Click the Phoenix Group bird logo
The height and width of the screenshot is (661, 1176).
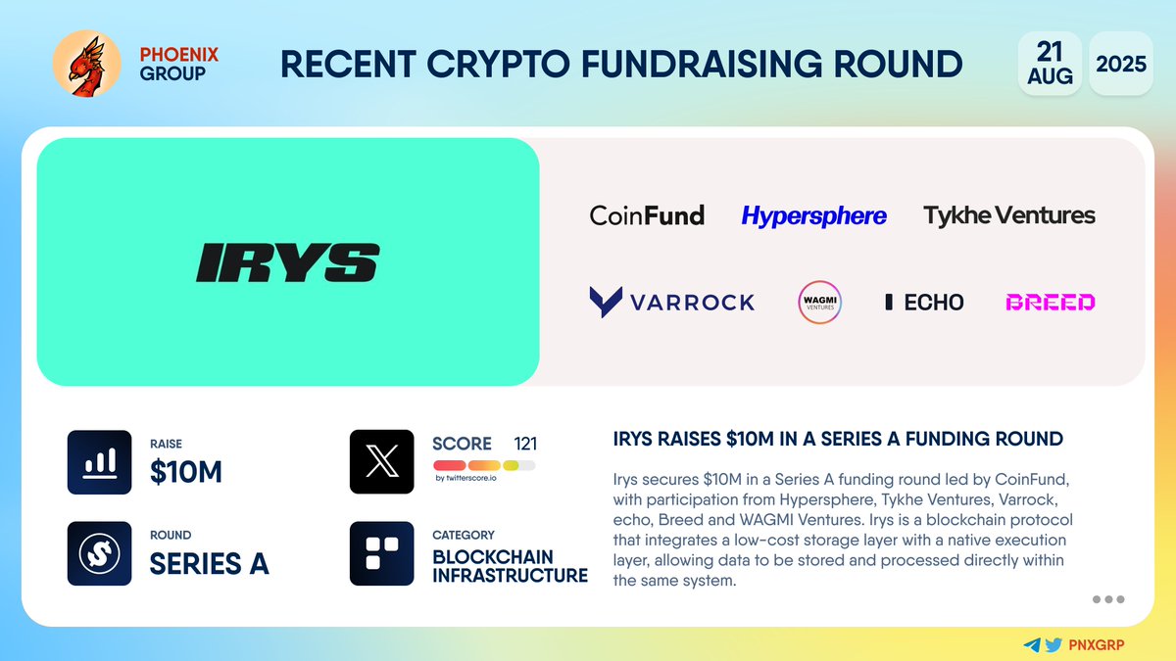click(86, 64)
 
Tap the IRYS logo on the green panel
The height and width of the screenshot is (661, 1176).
click(287, 263)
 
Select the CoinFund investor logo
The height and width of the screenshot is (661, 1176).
click(647, 215)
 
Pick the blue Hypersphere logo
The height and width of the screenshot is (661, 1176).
click(813, 215)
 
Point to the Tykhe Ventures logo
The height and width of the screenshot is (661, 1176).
click(1009, 215)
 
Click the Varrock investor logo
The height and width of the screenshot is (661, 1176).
click(672, 302)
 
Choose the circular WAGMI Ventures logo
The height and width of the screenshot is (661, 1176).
click(820, 302)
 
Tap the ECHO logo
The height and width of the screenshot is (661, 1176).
click(924, 302)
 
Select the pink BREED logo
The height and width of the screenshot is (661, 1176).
click(1050, 302)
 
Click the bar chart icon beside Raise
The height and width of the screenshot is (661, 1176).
click(99, 461)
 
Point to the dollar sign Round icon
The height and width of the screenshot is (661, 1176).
click(99, 553)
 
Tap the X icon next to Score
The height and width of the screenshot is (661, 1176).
click(381, 461)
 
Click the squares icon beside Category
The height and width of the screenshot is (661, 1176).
click(381, 553)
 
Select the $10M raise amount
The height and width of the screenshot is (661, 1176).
click(186, 472)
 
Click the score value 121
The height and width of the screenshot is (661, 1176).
click(525, 444)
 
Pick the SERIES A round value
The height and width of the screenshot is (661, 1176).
click(209, 564)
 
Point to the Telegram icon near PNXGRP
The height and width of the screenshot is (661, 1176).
click(1032, 645)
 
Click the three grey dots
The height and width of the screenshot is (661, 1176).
click(1107, 599)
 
